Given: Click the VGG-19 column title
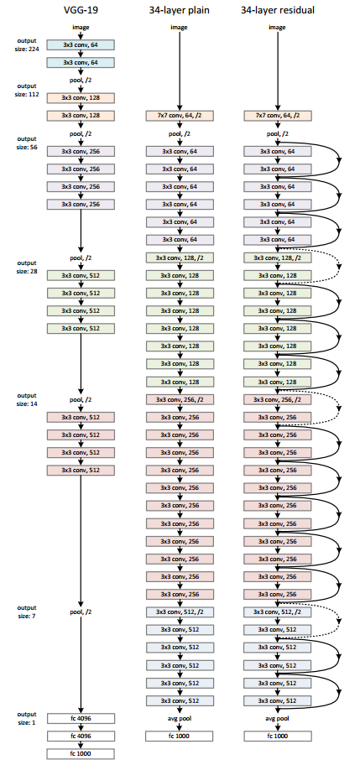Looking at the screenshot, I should [81, 9].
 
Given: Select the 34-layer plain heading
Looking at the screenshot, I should [179, 9].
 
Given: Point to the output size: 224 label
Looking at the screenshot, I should [26, 44].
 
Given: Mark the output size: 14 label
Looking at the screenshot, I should [26, 399].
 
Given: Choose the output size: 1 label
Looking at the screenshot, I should [26, 717].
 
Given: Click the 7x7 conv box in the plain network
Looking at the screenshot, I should [179, 115].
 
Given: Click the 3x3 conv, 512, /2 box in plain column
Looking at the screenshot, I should [179, 612].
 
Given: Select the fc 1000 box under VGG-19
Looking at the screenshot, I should [81, 753].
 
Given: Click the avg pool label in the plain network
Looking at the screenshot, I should [179, 718].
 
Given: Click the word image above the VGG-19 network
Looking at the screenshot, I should [81, 27].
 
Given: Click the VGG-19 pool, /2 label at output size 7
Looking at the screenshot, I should [81, 612].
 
